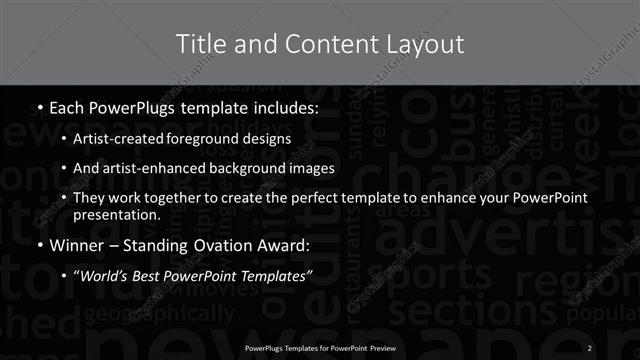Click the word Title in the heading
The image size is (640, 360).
[x=199, y=44]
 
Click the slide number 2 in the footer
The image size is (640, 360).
[x=590, y=347]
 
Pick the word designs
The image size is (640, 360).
[x=272, y=138]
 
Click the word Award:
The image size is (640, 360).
[x=285, y=244]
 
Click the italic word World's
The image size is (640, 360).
[x=102, y=274]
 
